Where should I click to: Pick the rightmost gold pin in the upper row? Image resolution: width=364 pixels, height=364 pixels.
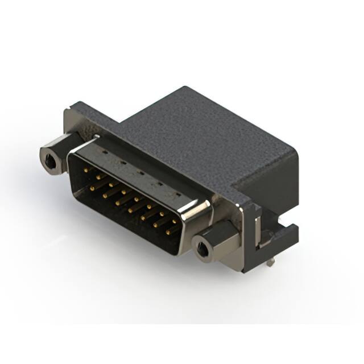click(x=175, y=221)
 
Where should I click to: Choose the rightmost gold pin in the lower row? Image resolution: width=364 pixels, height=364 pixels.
click(x=168, y=232)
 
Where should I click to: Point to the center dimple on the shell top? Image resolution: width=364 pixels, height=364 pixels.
click(x=140, y=172)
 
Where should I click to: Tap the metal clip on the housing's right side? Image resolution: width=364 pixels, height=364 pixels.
click(x=257, y=227)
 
